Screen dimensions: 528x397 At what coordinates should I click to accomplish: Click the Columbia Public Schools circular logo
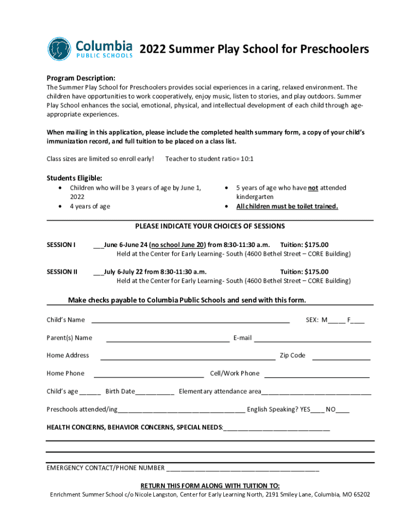pos(59,49)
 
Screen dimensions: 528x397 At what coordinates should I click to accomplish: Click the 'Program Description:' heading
pos(81,78)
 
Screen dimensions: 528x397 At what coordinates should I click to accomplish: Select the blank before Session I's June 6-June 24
pos(98,245)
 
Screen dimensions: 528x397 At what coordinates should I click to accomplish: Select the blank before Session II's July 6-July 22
pos(98,272)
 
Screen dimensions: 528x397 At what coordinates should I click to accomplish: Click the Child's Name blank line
pos(190,320)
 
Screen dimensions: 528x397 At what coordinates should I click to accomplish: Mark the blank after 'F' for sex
pos(358,321)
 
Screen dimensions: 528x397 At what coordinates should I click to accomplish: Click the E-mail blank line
pos(312,339)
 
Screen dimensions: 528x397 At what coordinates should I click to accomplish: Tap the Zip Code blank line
pos(341,356)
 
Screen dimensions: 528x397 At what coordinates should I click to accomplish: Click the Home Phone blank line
pos(148,374)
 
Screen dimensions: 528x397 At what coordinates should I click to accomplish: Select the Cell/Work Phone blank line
pos(317,374)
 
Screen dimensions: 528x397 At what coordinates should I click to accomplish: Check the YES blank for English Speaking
pos(318,410)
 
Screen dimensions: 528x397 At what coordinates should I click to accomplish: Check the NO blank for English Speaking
pos(343,410)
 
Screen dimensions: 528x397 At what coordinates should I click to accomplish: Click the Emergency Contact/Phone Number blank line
pos(242,469)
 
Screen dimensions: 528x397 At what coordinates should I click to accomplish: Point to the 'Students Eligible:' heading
pos(71,178)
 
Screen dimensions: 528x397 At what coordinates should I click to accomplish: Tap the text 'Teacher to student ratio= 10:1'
pos(209,159)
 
